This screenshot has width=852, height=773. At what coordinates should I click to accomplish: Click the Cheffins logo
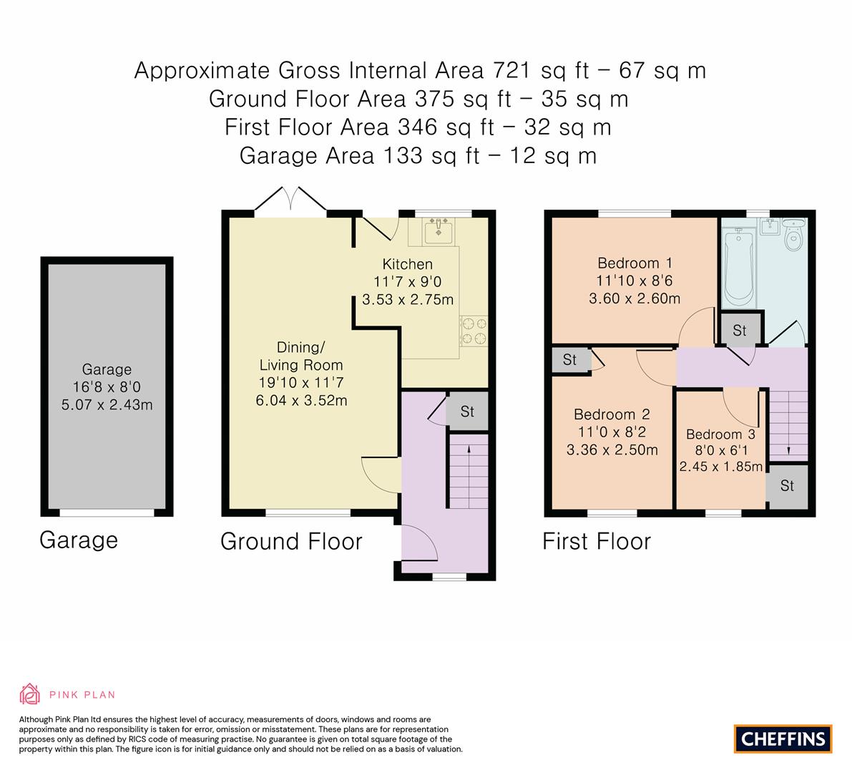(x=783, y=739)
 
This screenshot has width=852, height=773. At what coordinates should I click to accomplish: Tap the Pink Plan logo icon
(x=29, y=694)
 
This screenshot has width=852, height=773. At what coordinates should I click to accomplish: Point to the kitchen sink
(x=435, y=230)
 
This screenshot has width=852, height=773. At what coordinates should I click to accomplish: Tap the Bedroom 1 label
(x=635, y=262)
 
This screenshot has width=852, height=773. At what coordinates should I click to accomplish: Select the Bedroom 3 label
(x=720, y=434)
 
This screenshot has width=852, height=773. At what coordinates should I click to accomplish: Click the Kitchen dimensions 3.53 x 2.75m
(x=408, y=299)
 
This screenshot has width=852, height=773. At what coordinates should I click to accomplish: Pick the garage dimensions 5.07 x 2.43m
(x=107, y=405)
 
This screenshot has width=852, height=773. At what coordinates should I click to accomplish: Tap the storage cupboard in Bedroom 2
(x=569, y=360)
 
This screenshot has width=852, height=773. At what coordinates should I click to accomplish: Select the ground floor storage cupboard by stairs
(x=467, y=412)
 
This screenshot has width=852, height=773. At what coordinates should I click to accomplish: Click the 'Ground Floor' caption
(x=291, y=541)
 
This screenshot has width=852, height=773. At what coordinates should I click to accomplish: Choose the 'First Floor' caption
(x=597, y=541)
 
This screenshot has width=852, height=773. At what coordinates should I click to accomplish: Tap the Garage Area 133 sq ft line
(x=418, y=155)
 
